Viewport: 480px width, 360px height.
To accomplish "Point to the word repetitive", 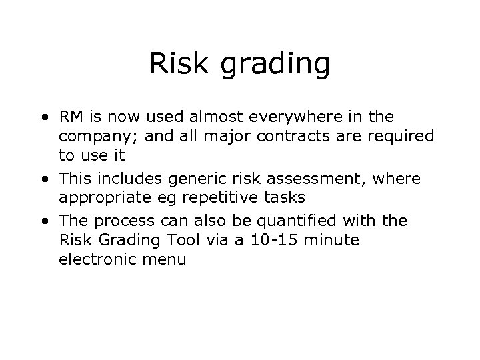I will pos(227,198).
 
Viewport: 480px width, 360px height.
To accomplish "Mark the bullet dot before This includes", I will pos(44,179).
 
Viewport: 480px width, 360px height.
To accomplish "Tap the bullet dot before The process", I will pos(44,221).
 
